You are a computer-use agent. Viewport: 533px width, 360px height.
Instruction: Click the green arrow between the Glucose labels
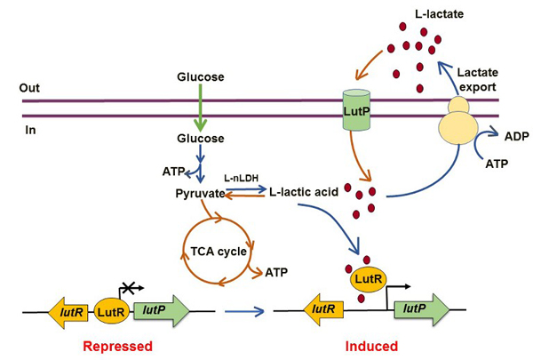click(x=200, y=108)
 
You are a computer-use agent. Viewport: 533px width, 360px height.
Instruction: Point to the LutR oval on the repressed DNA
click(x=108, y=309)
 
